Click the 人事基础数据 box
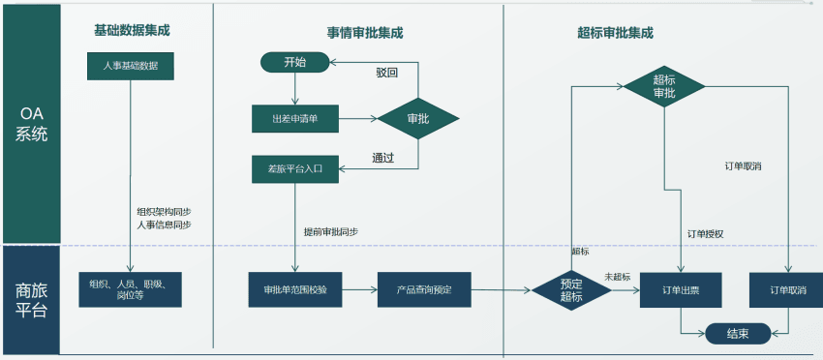tap(130, 66)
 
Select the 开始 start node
tap(294, 62)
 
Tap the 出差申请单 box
tap(294, 119)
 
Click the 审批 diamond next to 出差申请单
tap(418, 119)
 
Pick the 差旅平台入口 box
tap(294, 168)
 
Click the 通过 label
tap(383, 158)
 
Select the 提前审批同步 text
tap(330, 232)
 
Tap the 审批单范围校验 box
tap(294, 289)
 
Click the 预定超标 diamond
tap(571, 289)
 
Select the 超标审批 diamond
tap(664, 86)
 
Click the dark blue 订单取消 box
tap(789, 289)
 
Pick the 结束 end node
tap(738, 333)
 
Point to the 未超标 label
tap(618, 277)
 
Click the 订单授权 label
tap(705, 233)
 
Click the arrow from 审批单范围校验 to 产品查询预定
tap(357, 289)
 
